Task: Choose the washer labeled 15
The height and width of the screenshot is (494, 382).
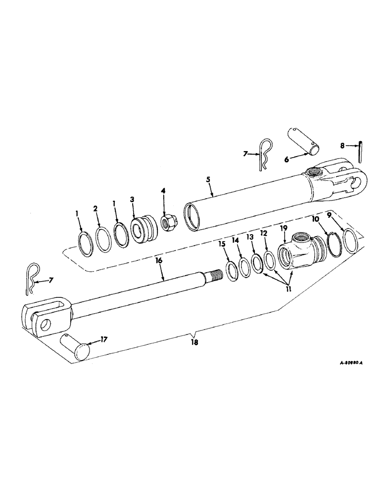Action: (x=231, y=270)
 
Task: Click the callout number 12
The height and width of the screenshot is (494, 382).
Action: (x=264, y=232)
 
